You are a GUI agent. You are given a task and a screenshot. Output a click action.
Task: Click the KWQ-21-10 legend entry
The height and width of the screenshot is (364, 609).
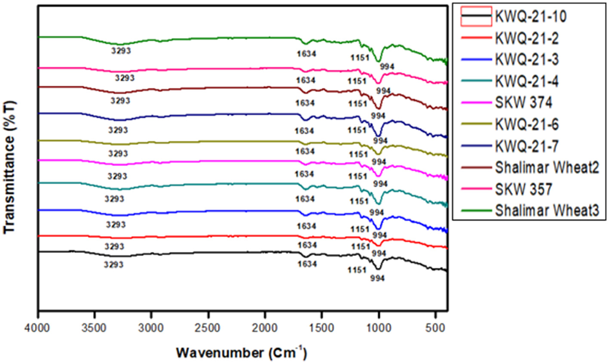tap(530, 17)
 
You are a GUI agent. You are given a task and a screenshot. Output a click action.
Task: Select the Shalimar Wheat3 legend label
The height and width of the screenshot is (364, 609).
tap(547, 211)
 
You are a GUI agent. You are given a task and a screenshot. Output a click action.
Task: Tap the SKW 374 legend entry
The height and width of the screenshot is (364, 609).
tap(523, 103)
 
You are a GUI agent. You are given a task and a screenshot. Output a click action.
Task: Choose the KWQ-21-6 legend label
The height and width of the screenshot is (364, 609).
tap(526, 125)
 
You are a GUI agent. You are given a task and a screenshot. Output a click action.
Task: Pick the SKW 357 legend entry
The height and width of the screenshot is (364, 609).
tap(523, 189)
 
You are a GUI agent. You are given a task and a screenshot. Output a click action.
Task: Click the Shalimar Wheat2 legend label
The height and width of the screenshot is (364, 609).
tap(547, 168)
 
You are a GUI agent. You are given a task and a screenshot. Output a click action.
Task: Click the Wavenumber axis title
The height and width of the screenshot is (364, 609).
tap(242, 353)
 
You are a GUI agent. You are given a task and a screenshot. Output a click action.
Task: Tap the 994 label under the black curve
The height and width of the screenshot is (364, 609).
tap(377, 278)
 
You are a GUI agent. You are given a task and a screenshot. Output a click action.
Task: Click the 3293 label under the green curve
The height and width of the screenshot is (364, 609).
tap(121, 51)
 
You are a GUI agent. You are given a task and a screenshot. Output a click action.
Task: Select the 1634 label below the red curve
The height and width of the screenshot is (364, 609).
tap(307, 245)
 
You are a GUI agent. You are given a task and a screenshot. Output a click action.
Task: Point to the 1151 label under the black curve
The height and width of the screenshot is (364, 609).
tap(357, 270)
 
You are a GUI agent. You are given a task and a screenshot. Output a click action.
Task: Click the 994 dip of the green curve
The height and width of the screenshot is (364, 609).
tap(379, 61)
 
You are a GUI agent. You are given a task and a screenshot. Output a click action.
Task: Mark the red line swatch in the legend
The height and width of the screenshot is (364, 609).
tap(475, 38)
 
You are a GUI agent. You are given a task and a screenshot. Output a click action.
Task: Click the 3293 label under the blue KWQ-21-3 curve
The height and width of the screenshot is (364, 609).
tap(116, 225)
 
